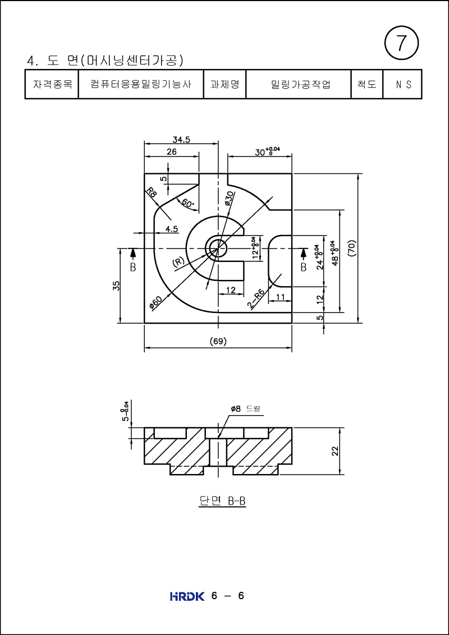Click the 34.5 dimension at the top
pos(181,139)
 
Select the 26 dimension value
pos(171,152)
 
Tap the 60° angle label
pos(187,203)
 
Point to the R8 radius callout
pos(152,192)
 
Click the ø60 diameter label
pos(155,302)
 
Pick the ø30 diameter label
pos(229,198)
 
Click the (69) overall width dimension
pos(218,340)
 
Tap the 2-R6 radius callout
pos(256,299)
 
